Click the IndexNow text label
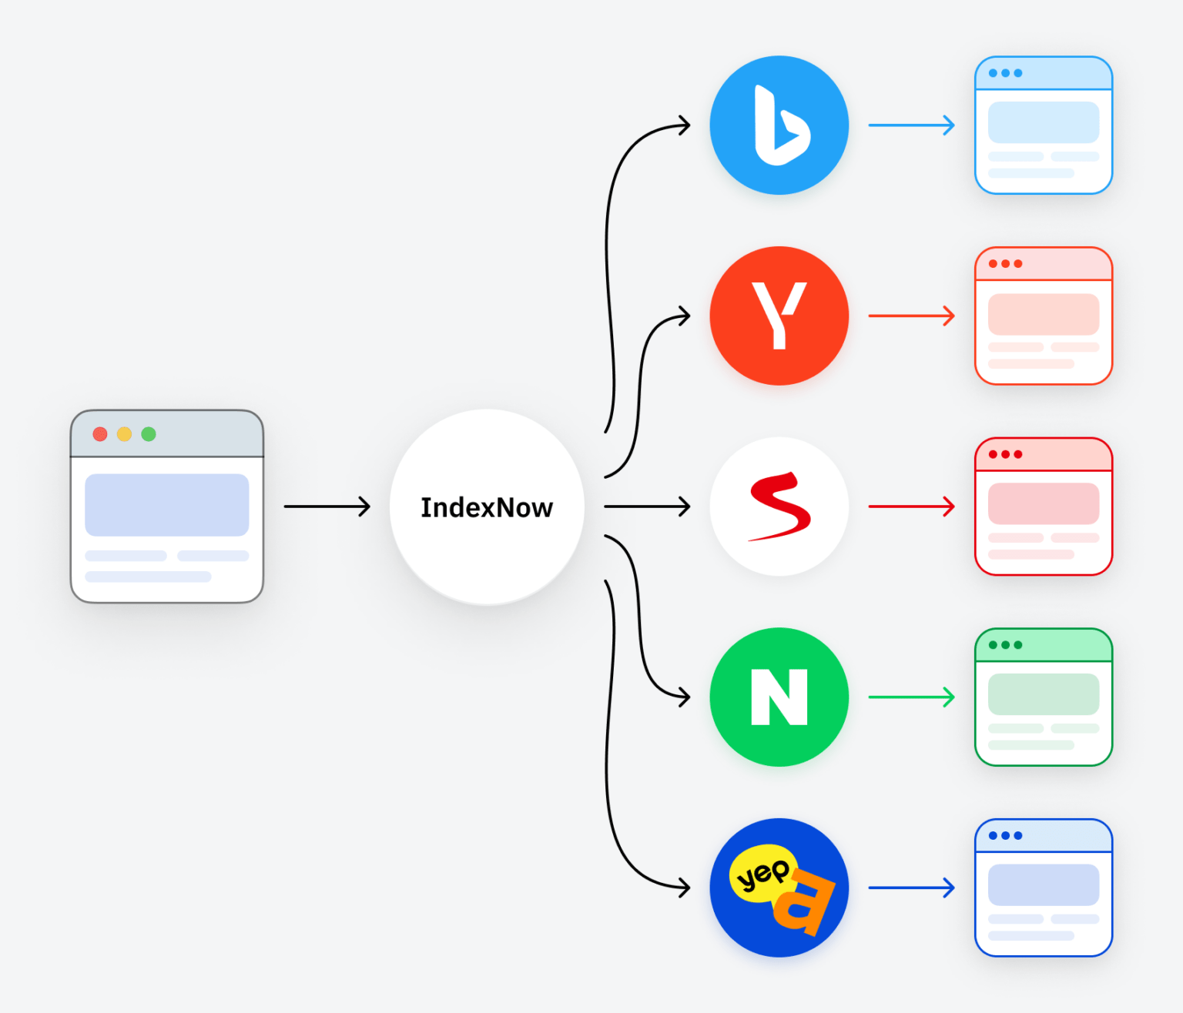pyautogui.click(x=487, y=508)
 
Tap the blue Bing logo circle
pyautogui.click(x=779, y=125)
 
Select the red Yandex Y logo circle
pyautogui.click(x=779, y=316)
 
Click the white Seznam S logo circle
pyautogui.click(x=779, y=506)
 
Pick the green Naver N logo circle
pyautogui.click(x=779, y=697)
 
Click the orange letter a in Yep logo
pyautogui.click(x=805, y=904)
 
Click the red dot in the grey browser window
pyautogui.click(x=100, y=434)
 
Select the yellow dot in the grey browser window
pyautogui.click(x=124, y=434)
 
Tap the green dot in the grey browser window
pyautogui.click(x=149, y=434)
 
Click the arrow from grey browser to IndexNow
pyautogui.click(x=327, y=506)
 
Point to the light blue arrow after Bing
pyautogui.click(x=911, y=125)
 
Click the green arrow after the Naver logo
pyautogui.click(x=911, y=697)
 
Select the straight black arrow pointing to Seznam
pyautogui.click(x=647, y=506)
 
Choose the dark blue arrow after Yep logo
pyautogui.click(x=911, y=888)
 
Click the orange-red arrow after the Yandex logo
pyautogui.click(x=911, y=316)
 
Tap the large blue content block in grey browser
pyautogui.click(x=167, y=505)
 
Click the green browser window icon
pyautogui.click(x=1044, y=697)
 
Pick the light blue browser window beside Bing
pyautogui.click(x=1044, y=125)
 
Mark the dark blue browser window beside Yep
pyautogui.click(x=1044, y=888)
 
